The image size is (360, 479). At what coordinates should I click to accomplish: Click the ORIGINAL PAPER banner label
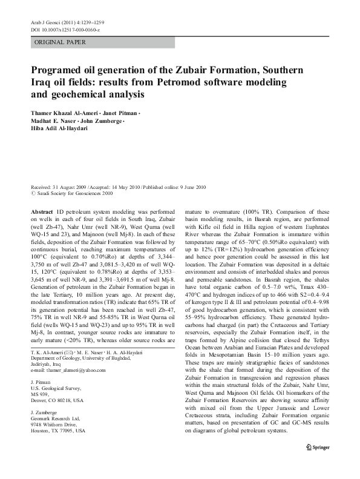click(x=60, y=42)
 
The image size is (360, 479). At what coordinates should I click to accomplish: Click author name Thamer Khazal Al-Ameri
click(x=65, y=113)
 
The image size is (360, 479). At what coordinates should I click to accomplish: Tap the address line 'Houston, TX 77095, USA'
click(x=58, y=431)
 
